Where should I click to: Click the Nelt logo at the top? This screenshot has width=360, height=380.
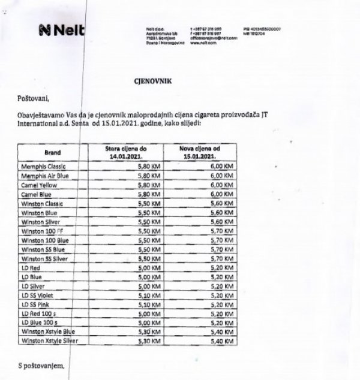(x=62, y=31)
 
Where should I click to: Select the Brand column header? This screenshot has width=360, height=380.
(x=52, y=152)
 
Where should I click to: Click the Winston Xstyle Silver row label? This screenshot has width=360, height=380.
(x=49, y=341)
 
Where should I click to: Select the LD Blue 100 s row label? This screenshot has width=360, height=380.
(x=41, y=322)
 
